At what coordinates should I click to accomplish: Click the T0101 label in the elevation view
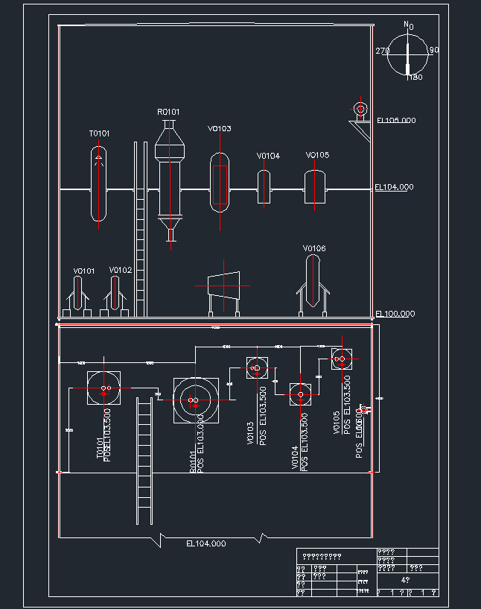pos(100,133)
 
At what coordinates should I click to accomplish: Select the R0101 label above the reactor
pos(168,112)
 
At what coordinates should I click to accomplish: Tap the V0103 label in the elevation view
pos(219,129)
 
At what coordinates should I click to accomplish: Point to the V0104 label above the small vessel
pos(268,156)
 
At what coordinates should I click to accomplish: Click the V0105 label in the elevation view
pos(317,155)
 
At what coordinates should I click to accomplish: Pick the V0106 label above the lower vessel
pos(314,248)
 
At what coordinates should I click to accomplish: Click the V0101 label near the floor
pos(84,271)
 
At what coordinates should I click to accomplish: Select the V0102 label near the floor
pos(120,270)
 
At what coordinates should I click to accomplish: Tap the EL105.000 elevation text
pos(396,120)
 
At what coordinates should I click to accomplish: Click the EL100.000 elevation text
pos(395,314)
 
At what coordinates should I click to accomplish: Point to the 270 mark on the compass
pos(383,51)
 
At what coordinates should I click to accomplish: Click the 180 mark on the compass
pos(415,78)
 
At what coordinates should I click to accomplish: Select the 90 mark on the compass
pos(434,51)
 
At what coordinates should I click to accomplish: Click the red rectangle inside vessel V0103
pos(220,184)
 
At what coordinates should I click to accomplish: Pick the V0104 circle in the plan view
pos(300,394)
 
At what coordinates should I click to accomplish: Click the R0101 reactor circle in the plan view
pos(195,400)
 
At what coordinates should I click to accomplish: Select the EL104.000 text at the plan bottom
pos(206,544)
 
